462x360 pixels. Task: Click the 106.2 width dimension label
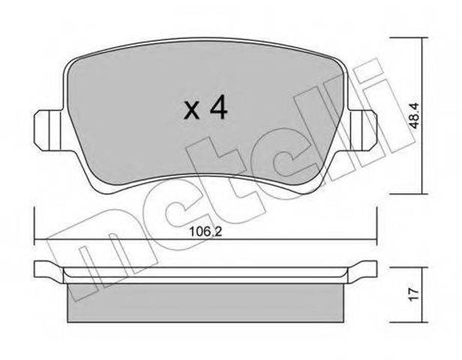[x=205, y=232]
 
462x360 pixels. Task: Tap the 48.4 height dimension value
[x=415, y=116]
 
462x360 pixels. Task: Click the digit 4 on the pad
[x=218, y=107]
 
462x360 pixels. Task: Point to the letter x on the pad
[x=192, y=111]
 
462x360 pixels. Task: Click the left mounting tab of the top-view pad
[x=49, y=130]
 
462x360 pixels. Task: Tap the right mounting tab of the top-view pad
[x=363, y=130]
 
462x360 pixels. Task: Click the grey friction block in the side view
[x=205, y=303]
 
